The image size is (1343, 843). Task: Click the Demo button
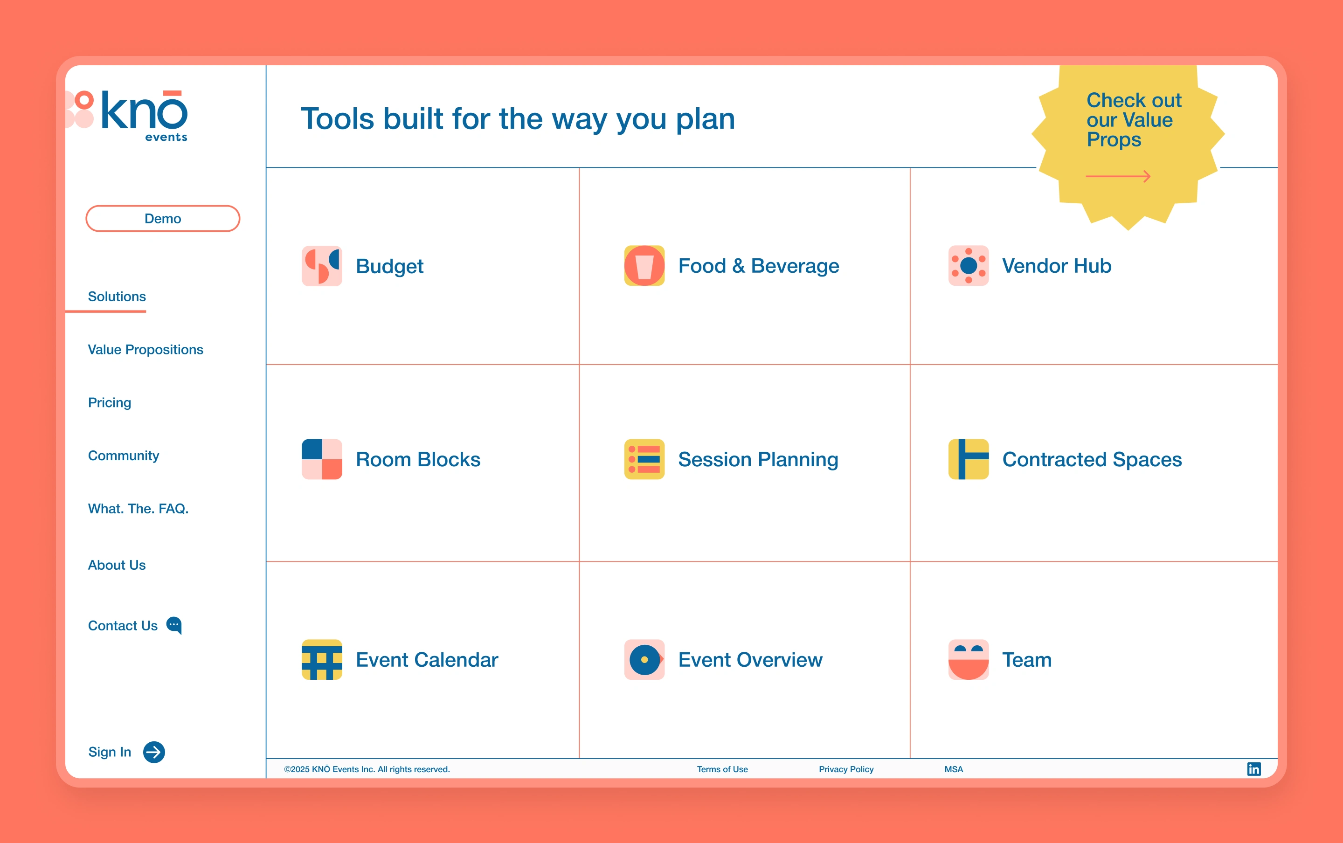coord(163,219)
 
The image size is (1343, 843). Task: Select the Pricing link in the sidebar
coord(110,402)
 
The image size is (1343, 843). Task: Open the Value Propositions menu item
coord(145,350)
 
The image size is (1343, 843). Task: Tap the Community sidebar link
coord(124,456)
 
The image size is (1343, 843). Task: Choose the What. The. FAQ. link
coord(138,509)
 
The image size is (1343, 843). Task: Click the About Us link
coord(117,565)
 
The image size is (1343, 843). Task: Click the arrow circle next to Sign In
coord(154,752)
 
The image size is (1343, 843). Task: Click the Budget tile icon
coord(322,266)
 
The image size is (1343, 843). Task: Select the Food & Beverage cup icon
coord(644,265)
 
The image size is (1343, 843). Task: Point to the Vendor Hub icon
coord(969,265)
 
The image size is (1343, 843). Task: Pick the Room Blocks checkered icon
coord(322,459)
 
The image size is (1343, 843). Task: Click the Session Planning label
coord(758,459)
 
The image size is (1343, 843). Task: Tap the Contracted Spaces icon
coord(969,459)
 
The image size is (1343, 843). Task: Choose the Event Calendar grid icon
coord(322,660)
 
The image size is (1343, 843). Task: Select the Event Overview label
coord(750,660)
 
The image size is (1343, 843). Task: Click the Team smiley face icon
coord(969,660)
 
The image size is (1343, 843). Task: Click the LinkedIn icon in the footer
coord(1254,769)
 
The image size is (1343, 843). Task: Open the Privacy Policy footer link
coord(846,769)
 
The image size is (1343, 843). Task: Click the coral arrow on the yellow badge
coord(1118,177)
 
